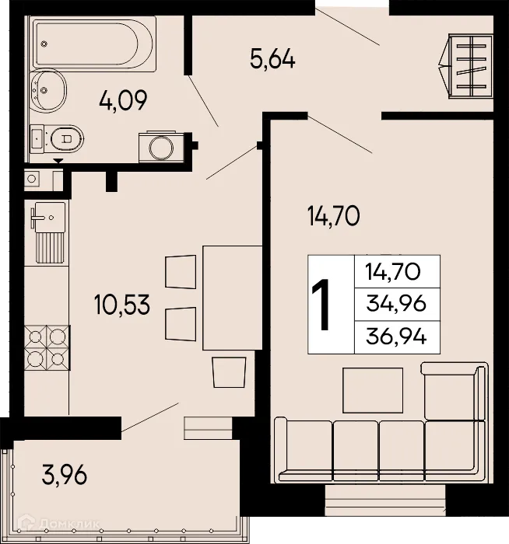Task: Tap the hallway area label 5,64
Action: [272, 59]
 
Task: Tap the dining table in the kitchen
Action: [232, 298]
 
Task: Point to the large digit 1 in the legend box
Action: [323, 305]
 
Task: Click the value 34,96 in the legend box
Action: [397, 304]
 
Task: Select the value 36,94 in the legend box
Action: [397, 337]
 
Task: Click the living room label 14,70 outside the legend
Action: [332, 216]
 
